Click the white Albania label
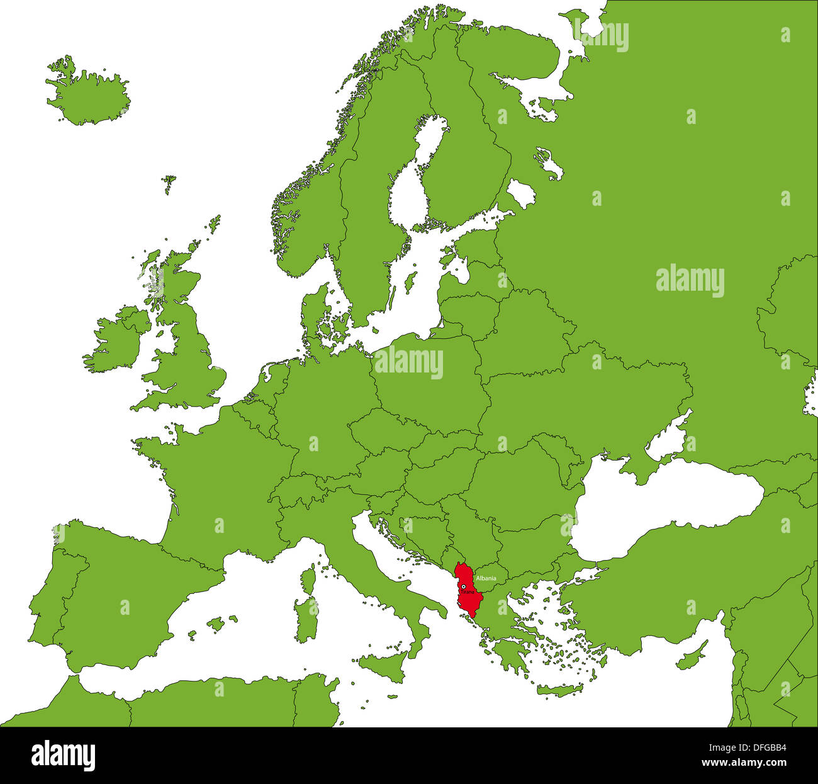pos(486,578)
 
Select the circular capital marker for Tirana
pos(464,586)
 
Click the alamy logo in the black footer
pos(63,755)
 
